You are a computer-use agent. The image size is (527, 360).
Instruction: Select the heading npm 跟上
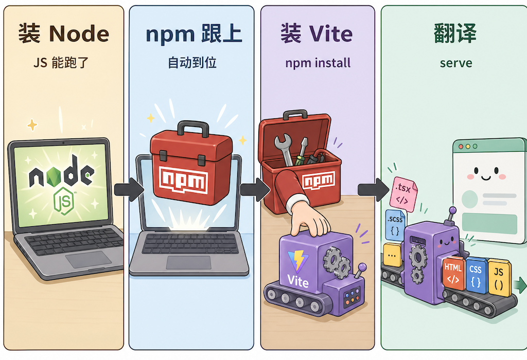coord(193,34)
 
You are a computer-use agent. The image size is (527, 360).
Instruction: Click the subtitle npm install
coord(318,63)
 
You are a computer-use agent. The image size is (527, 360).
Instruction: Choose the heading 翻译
coord(455,34)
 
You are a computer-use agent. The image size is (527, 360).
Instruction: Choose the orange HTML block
coord(453,275)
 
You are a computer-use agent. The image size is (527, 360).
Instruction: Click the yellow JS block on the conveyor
coord(498,277)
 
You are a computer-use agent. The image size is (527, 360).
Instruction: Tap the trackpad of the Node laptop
coord(88,259)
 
